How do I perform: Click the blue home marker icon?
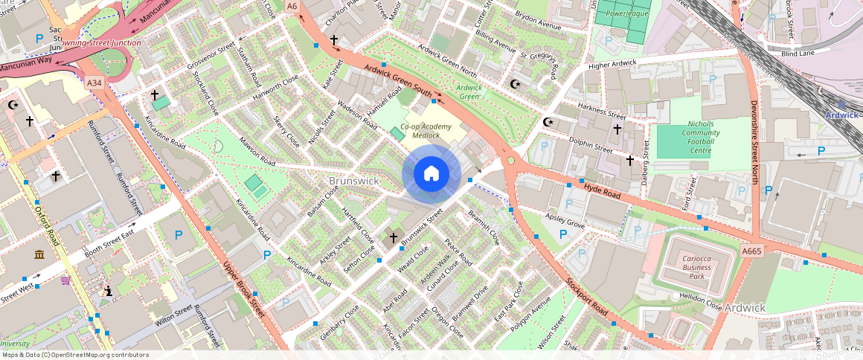click(x=431, y=174)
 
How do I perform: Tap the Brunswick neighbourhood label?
click(x=354, y=181)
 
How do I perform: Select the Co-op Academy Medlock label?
click(x=426, y=131)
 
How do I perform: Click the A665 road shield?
click(x=751, y=252)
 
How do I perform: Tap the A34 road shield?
click(x=94, y=83)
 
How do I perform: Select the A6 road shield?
click(x=292, y=6)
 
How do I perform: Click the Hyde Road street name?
click(x=601, y=192)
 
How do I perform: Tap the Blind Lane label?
click(x=798, y=54)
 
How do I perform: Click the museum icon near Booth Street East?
click(x=39, y=255)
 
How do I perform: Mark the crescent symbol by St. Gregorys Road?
click(x=514, y=84)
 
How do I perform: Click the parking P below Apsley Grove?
click(x=563, y=234)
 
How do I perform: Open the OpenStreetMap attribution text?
click(x=75, y=355)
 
